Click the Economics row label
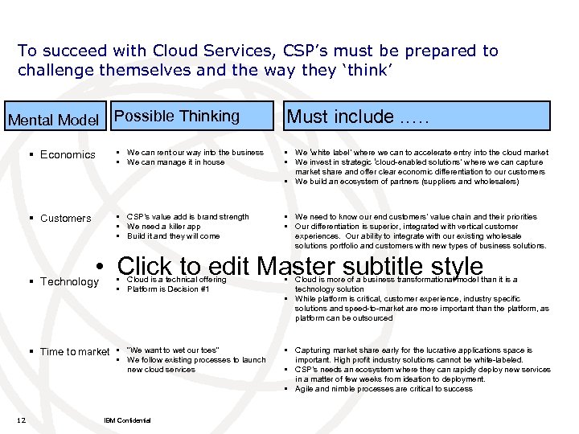[68, 154]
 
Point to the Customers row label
[65, 218]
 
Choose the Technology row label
[69, 281]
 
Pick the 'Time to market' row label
[74, 351]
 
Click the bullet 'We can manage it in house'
[176, 162]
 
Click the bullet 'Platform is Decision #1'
[167, 289]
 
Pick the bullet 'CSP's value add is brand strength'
[187, 216]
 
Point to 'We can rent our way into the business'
[195, 152]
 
